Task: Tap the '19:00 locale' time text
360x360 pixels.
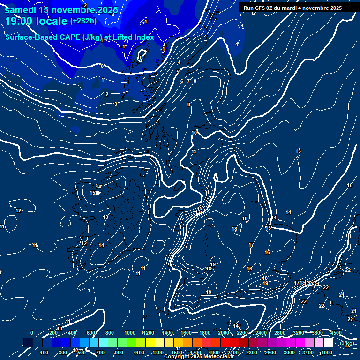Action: [36, 21]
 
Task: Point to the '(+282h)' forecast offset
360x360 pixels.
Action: [83, 21]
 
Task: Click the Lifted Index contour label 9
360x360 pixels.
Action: [189, 105]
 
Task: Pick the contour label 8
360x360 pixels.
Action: [195, 81]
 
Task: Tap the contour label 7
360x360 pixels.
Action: [188, 81]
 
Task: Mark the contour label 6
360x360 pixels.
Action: [182, 81]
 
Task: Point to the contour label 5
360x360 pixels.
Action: [178, 72]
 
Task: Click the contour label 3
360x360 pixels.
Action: [116, 104]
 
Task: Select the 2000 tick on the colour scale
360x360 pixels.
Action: [224, 333]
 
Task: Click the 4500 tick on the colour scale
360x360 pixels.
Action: [336, 333]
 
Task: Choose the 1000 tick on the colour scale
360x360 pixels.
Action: [130, 333]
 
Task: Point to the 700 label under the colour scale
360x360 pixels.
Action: [100, 352]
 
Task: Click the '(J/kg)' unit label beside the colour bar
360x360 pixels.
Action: [347, 343]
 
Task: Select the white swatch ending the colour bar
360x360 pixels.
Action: [328, 343]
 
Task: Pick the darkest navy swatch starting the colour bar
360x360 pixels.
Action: [28, 343]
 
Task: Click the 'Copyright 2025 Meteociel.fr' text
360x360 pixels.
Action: [199, 357]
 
